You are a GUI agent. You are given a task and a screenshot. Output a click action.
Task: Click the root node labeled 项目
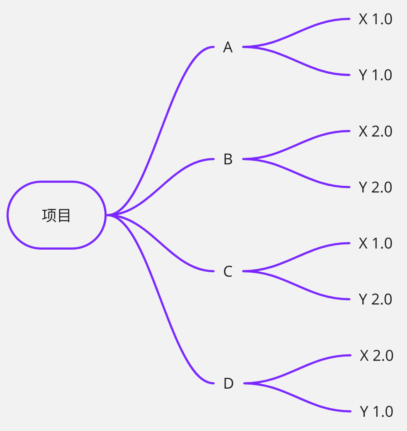pyautogui.click(x=56, y=215)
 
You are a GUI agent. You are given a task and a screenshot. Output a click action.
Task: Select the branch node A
pyautogui.click(x=228, y=47)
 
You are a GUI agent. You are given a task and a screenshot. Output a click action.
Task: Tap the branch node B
pyautogui.click(x=228, y=159)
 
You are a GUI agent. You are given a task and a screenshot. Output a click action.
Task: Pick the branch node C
pyautogui.click(x=228, y=271)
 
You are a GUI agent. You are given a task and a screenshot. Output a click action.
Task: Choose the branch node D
pyautogui.click(x=228, y=383)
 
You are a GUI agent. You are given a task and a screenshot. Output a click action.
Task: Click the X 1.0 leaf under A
pyautogui.click(x=375, y=19)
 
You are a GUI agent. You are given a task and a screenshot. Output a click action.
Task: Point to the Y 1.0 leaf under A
pyautogui.click(x=375, y=75)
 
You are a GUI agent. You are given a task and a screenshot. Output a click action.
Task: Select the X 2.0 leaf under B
pyautogui.click(x=375, y=131)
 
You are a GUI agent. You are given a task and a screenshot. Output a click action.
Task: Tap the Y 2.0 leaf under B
pyautogui.click(x=375, y=187)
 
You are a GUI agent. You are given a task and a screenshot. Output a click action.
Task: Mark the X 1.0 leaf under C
pyautogui.click(x=375, y=243)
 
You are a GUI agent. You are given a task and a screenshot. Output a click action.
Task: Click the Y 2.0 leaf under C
pyautogui.click(x=375, y=299)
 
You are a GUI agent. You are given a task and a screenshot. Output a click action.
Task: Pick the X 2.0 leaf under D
pyautogui.click(x=376, y=355)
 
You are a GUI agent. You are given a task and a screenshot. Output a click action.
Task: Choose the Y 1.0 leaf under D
pyautogui.click(x=376, y=412)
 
